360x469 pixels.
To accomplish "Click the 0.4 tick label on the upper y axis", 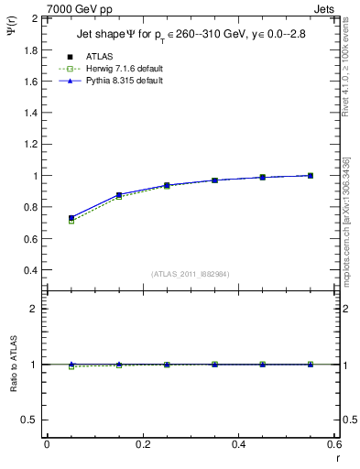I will tap(30, 270).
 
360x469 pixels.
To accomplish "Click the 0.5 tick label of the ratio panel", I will tap(30, 420).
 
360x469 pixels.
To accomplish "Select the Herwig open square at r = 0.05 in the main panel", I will tap(71, 221).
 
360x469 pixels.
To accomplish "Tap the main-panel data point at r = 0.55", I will tap(310, 175).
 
